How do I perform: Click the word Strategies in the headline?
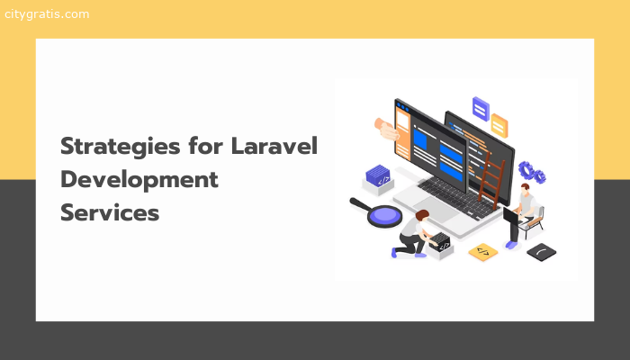tap(121, 147)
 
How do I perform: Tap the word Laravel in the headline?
tap(274, 146)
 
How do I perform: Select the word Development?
tap(139, 180)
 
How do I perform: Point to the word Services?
tap(110, 212)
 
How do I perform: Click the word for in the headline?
tap(205, 146)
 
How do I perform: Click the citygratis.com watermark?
tap(47, 14)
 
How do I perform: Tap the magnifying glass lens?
tap(385, 215)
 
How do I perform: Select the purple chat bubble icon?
tap(481, 109)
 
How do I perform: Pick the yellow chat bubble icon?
tap(499, 126)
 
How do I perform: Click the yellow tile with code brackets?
tap(483, 252)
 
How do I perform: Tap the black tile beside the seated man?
tap(541, 252)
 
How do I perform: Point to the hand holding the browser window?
tap(386, 129)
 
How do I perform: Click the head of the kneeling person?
tap(422, 216)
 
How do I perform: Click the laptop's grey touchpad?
tap(436, 208)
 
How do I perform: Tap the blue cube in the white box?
tap(378, 175)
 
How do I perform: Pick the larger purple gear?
tap(526, 170)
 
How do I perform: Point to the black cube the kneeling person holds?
tap(441, 242)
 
